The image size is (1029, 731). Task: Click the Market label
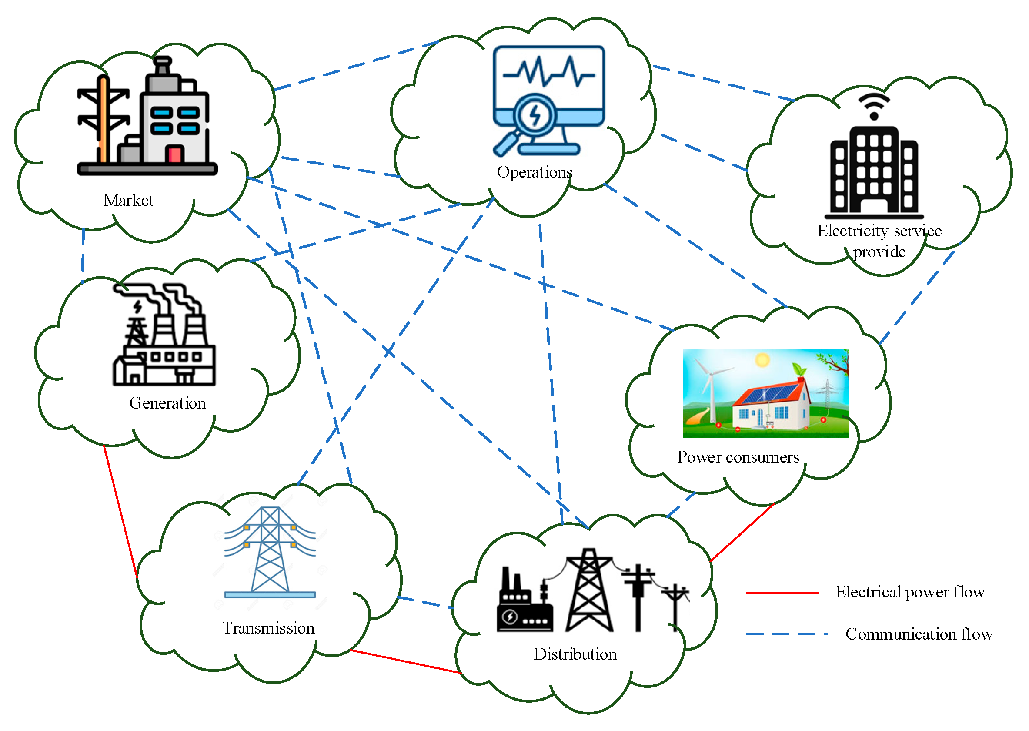(x=128, y=200)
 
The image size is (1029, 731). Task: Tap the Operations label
(x=534, y=172)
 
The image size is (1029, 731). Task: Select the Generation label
(x=167, y=403)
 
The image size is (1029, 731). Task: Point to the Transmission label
(x=268, y=628)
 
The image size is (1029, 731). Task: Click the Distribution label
(x=575, y=654)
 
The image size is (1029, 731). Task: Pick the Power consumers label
(x=738, y=457)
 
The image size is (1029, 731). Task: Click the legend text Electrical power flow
(x=910, y=592)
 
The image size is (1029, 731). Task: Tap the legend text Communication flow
(x=919, y=634)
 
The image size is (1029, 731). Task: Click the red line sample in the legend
(x=782, y=593)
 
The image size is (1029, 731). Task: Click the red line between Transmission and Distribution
(x=405, y=661)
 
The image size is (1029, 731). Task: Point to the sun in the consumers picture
(x=762, y=360)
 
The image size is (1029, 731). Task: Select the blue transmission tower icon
(x=270, y=551)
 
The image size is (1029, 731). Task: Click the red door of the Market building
(x=174, y=154)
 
